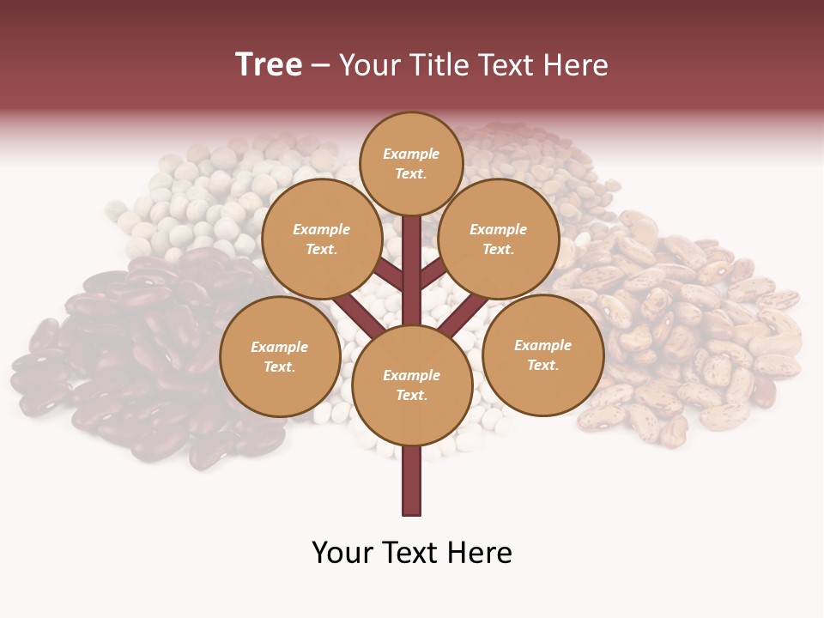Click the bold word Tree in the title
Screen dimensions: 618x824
pos(269,65)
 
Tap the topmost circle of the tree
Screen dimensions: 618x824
pos(411,163)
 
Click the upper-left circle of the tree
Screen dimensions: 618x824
pos(321,239)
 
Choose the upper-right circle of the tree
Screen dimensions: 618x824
pos(499,239)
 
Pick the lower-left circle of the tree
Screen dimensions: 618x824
pos(280,356)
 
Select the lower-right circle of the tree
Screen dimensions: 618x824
pos(542,354)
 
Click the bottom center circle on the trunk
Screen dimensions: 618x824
pos(411,385)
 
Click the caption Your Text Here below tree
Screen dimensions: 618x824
pos(411,553)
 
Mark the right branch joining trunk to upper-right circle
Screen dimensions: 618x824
pos(433,273)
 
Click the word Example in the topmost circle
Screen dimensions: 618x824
pos(411,154)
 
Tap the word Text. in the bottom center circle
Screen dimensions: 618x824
pos(411,395)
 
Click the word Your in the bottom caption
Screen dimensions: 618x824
pos(341,553)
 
